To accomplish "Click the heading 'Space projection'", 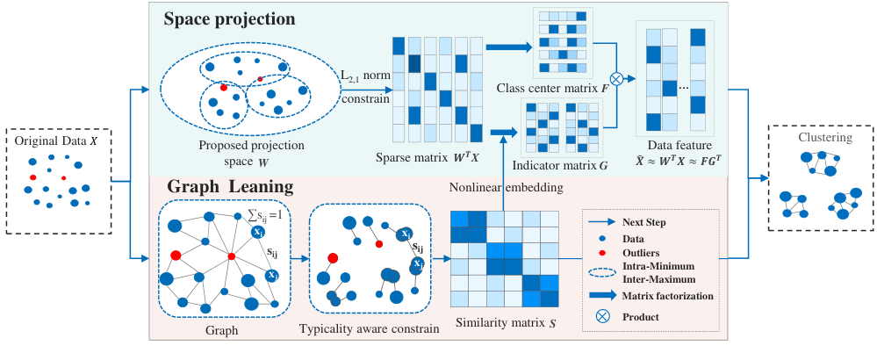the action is point(229,19).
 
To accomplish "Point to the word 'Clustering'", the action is point(821,138).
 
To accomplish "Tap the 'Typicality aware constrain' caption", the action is point(369,330).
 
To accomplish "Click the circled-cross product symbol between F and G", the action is point(616,79).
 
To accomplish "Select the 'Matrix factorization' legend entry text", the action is point(668,296).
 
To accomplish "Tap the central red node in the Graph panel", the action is point(231,256).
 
